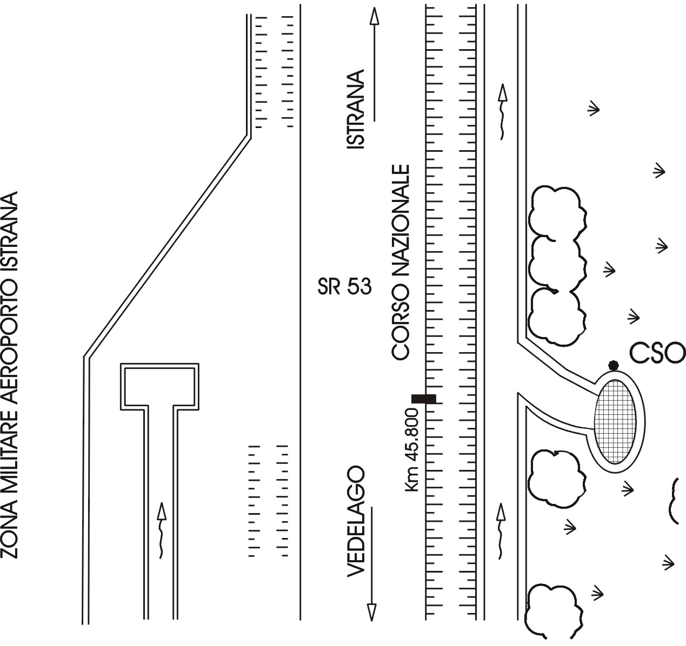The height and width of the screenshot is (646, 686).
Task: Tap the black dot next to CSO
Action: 613,366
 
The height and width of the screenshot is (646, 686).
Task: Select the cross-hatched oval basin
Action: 615,422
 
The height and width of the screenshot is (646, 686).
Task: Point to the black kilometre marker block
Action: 424,399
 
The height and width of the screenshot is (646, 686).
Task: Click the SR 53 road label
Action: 345,287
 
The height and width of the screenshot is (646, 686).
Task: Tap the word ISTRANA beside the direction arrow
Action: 356,109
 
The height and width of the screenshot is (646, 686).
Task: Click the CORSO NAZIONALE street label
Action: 401,262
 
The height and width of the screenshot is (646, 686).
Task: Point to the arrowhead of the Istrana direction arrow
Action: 374,17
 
